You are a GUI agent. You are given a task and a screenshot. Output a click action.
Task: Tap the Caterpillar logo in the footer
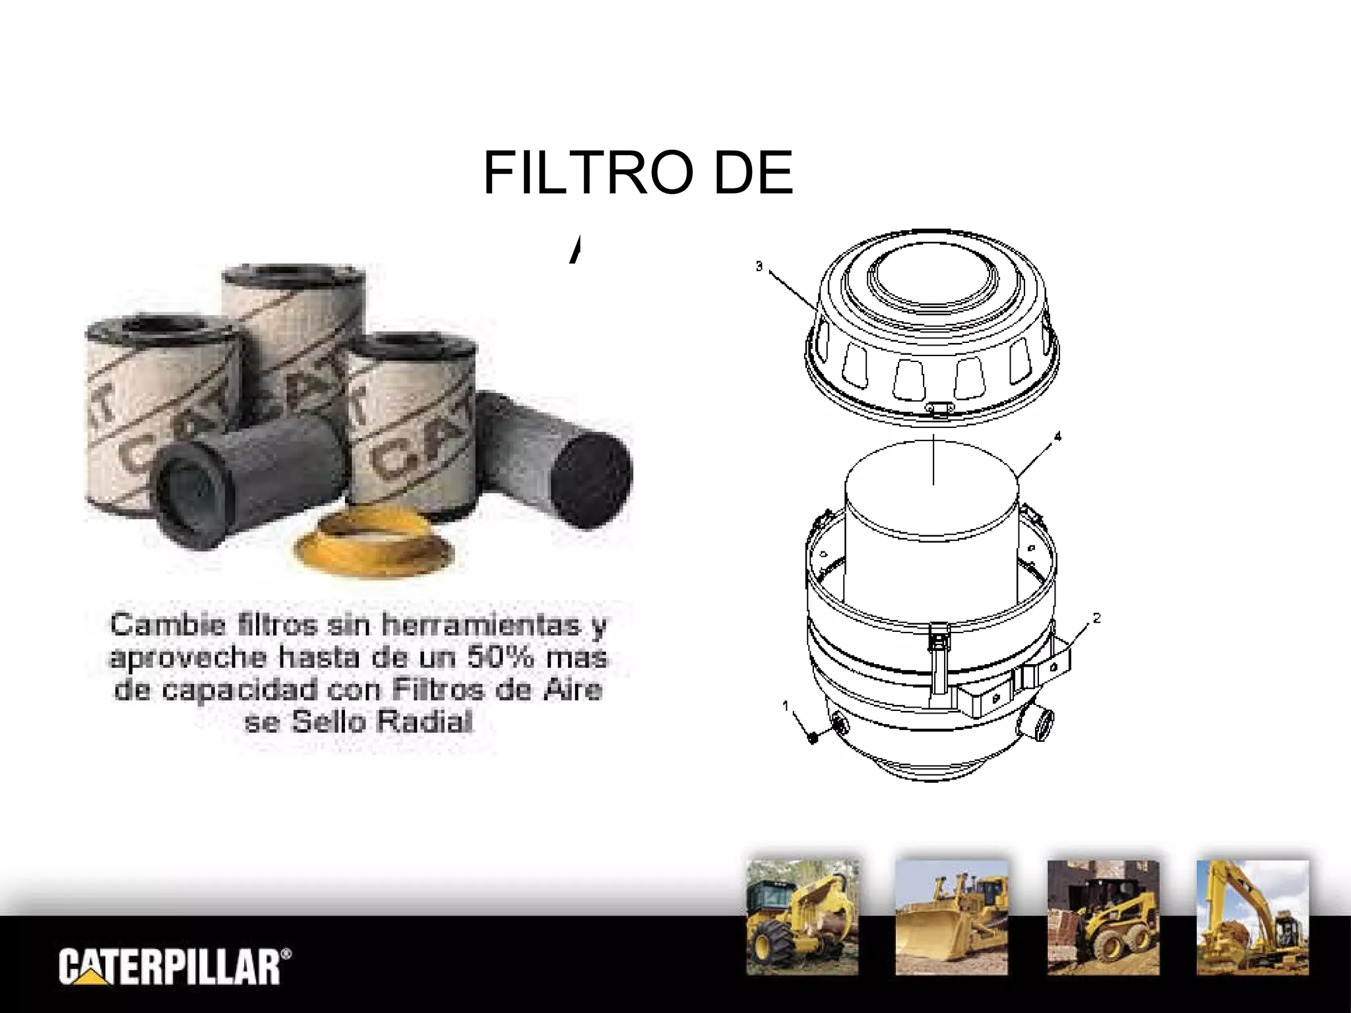click(x=175, y=967)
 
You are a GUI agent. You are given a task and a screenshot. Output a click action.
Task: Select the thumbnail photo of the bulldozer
click(x=951, y=917)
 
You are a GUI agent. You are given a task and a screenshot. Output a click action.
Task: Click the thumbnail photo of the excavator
click(x=1253, y=917)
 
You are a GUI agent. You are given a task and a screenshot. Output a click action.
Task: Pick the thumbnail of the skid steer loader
click(x=1103, y=917)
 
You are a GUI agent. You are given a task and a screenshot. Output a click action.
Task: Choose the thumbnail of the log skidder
click(x=802, y=917)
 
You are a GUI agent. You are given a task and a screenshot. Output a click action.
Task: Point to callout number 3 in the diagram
click(x=759, y=266)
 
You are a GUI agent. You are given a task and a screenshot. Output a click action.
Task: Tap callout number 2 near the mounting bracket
click(x=1096, y=618)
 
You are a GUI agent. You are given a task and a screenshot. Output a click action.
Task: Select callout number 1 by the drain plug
click(x=786, y=706)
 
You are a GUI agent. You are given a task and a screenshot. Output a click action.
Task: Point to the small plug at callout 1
click(x=812, y=737)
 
